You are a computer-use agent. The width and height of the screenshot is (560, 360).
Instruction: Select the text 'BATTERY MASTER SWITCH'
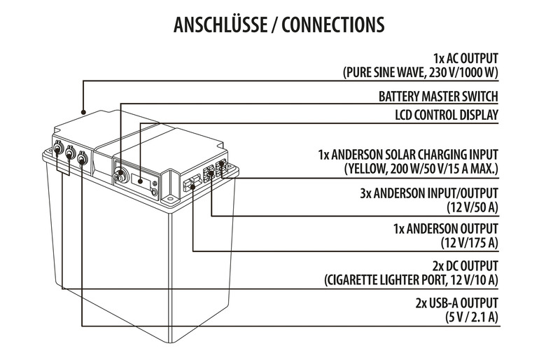tap(438, 97)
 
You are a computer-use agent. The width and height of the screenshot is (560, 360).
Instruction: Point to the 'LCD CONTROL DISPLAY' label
tap(445, 114)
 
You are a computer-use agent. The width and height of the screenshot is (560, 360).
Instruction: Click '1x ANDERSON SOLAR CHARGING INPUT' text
tap(408, 154)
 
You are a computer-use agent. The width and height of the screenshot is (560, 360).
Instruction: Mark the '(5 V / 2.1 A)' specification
tap(471, 317)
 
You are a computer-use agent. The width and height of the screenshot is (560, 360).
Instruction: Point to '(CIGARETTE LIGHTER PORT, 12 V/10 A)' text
tap(412, 281)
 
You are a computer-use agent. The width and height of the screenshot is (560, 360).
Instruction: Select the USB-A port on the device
tap(83, 159)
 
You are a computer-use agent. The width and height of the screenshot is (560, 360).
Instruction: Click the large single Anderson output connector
tap(190, 185)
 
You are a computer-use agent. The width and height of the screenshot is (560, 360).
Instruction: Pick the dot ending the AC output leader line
tap(83, 111)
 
